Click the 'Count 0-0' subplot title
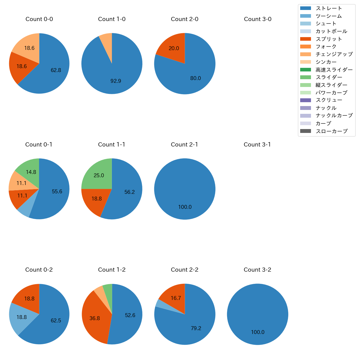tap(39, 19)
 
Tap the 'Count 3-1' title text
tap(257, 145)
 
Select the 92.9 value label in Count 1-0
tap(116, 81)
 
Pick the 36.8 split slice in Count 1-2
tap(95, 318)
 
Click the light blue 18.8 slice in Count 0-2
tap(21, 317)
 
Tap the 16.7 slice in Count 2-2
tap(176, 298)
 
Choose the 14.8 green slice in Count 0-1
tap(31, 172)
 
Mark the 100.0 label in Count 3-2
tap(258, 332)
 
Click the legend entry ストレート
tap(329, 8)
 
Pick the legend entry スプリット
tap(329, 39)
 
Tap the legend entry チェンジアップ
tap(334, 54)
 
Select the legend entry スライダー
tap(329, 77)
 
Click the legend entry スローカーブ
tap(331, 131)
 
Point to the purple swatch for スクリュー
tap(305, 100)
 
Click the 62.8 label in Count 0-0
tap(56, 70)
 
